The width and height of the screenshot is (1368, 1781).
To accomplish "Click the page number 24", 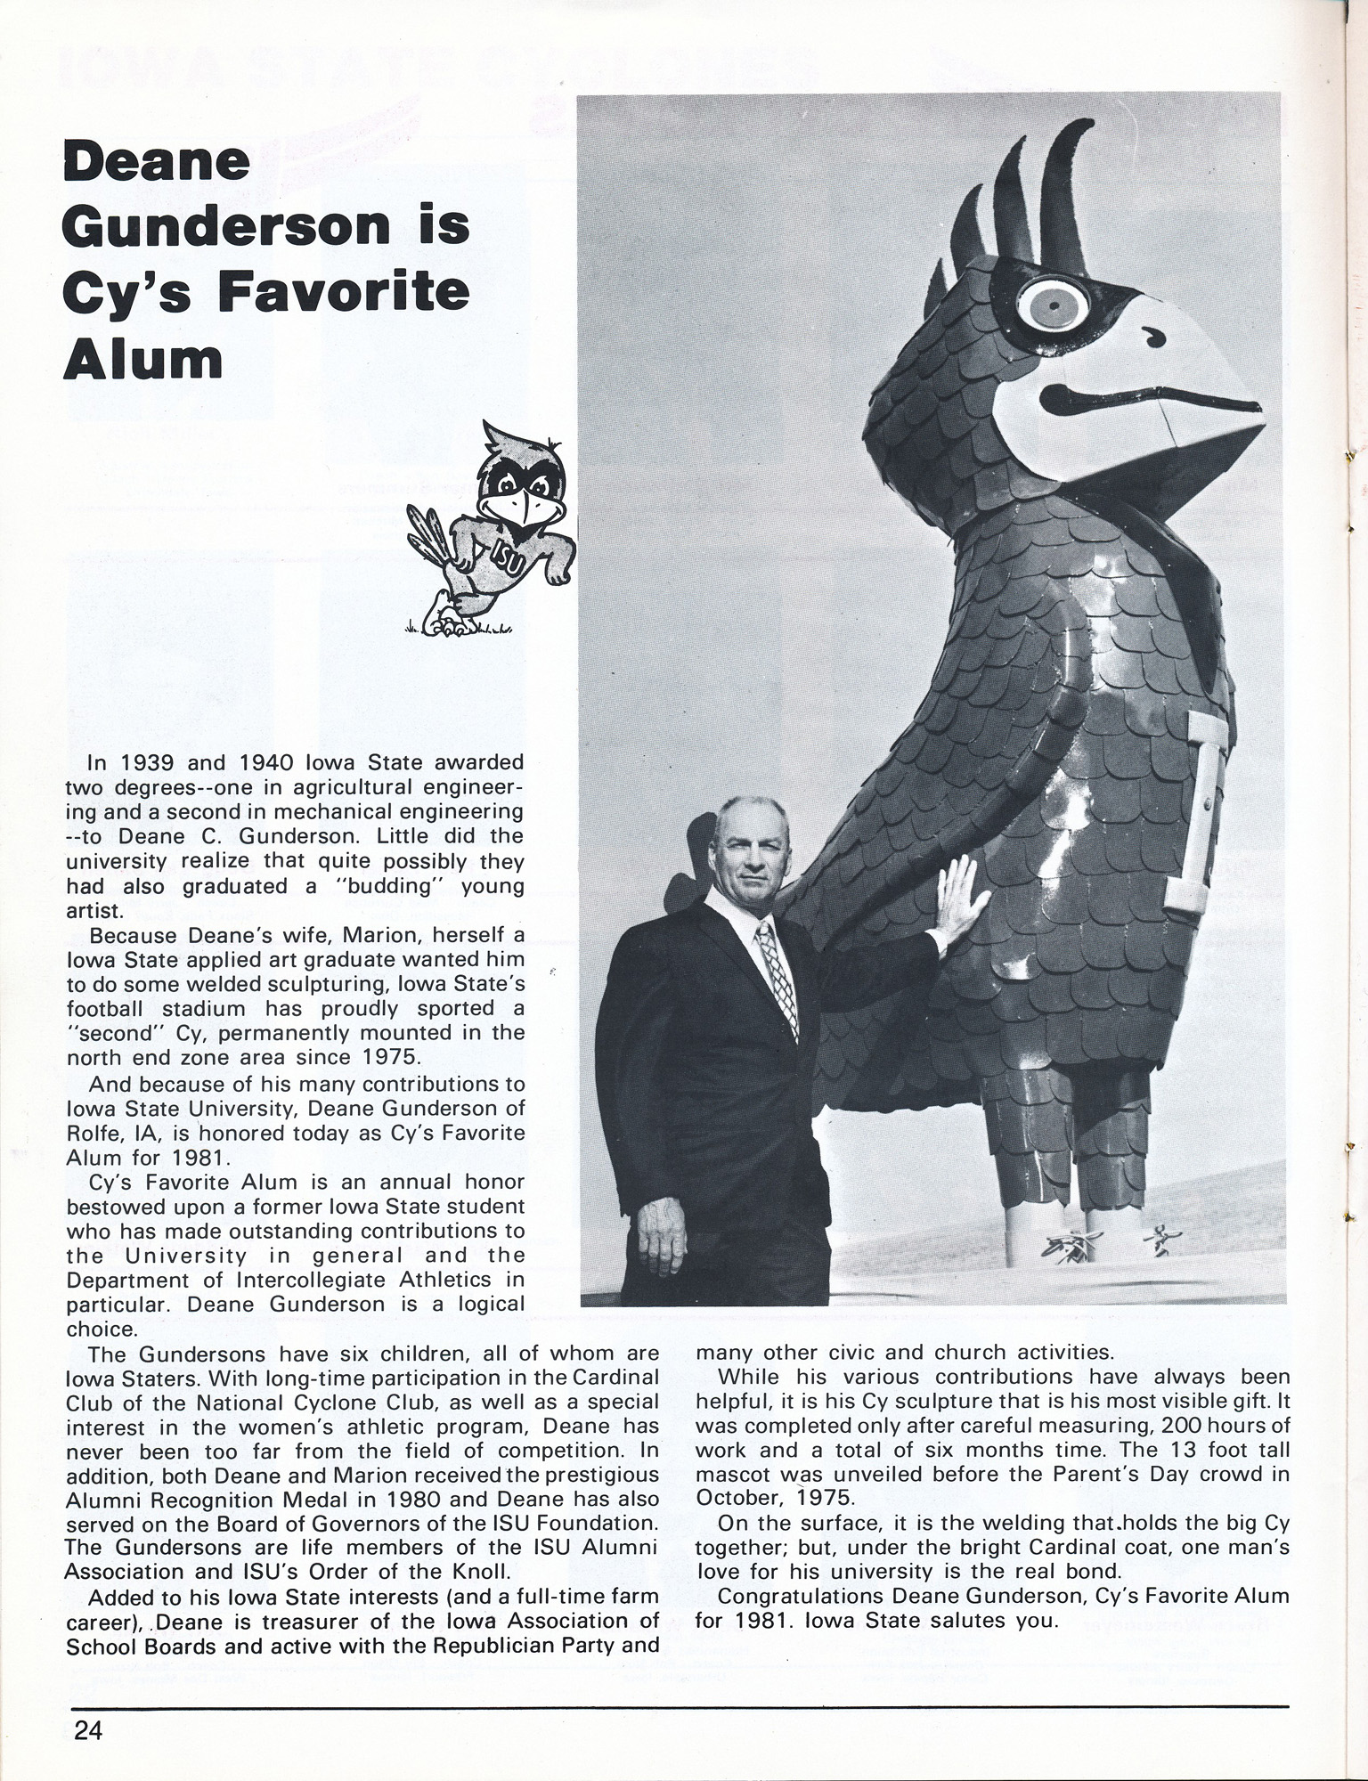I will [89, 1731].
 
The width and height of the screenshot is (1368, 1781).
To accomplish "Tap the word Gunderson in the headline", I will [226, 226].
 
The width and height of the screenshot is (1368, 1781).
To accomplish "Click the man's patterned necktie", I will [774, 980].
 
